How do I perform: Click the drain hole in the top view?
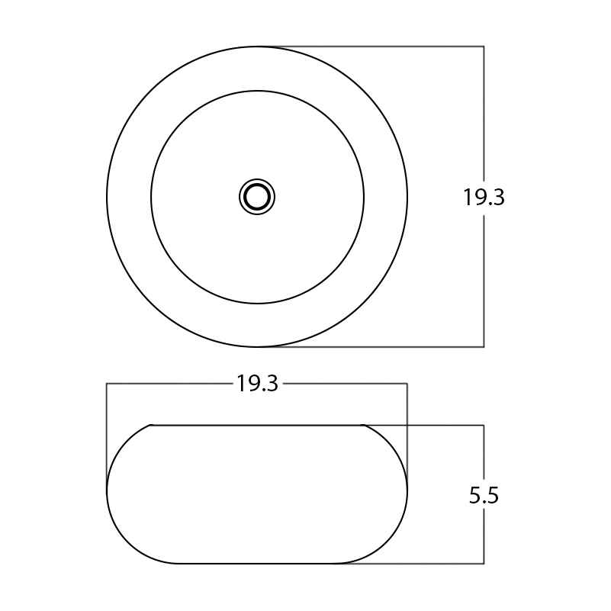pyautogui.click(x=257, y=197)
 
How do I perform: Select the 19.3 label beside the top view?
pyautogui.click(x=484, y=197)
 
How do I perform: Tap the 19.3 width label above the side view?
pyautogui.click(x=258, y=384)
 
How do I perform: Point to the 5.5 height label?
pyautogui.click(x=484, y=496)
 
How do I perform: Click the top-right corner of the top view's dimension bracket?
pyautogui.click(x=484, y=47)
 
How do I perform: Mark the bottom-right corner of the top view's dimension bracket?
pyautogui.click(x=484, y=347)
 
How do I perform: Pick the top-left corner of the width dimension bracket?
pyautogui.click(x=107, y=384)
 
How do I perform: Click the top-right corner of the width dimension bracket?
pyautogui.click(x=407, y=384)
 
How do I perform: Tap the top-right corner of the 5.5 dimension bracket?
pyautogui.click(x=484, y=425)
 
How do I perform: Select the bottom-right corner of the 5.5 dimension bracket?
pyautogui.click(x=484, y=564)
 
